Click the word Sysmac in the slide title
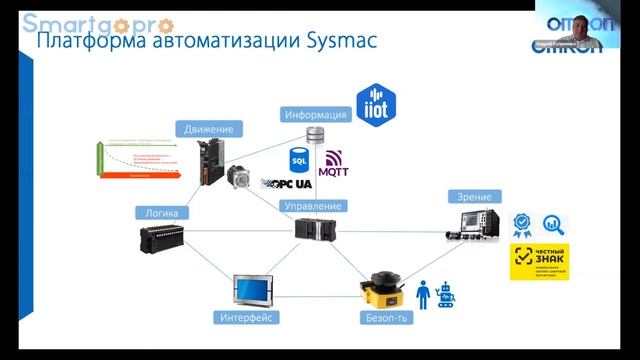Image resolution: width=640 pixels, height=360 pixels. pos(336,42)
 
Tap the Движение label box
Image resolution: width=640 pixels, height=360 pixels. pos(209,129)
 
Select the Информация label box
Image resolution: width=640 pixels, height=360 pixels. pos(315,114)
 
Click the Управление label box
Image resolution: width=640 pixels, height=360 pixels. pos(313,206)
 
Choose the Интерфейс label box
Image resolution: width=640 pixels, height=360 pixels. pos(245,318)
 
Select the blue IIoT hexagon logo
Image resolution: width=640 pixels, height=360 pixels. pos(378,104)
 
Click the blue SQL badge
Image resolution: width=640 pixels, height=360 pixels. pos(298,158)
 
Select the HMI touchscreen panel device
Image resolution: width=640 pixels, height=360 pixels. pos(253,290)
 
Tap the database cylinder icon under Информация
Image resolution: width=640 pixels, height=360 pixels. pos(316,135)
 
